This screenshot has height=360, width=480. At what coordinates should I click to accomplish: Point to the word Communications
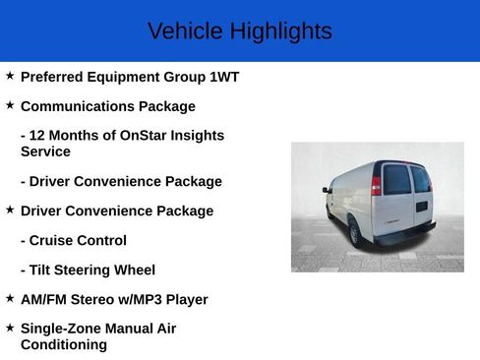(77, 106)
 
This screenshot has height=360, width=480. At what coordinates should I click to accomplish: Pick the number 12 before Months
(38, 136)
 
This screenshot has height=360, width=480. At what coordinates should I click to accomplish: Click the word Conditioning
(63, 345)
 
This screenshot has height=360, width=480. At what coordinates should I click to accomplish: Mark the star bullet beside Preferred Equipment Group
(10, 76)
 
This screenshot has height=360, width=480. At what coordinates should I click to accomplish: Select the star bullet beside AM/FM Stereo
(10, 298)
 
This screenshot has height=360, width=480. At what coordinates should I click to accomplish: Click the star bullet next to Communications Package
(10, 105)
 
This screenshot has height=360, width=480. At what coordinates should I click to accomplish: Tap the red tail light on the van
(376, 185)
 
